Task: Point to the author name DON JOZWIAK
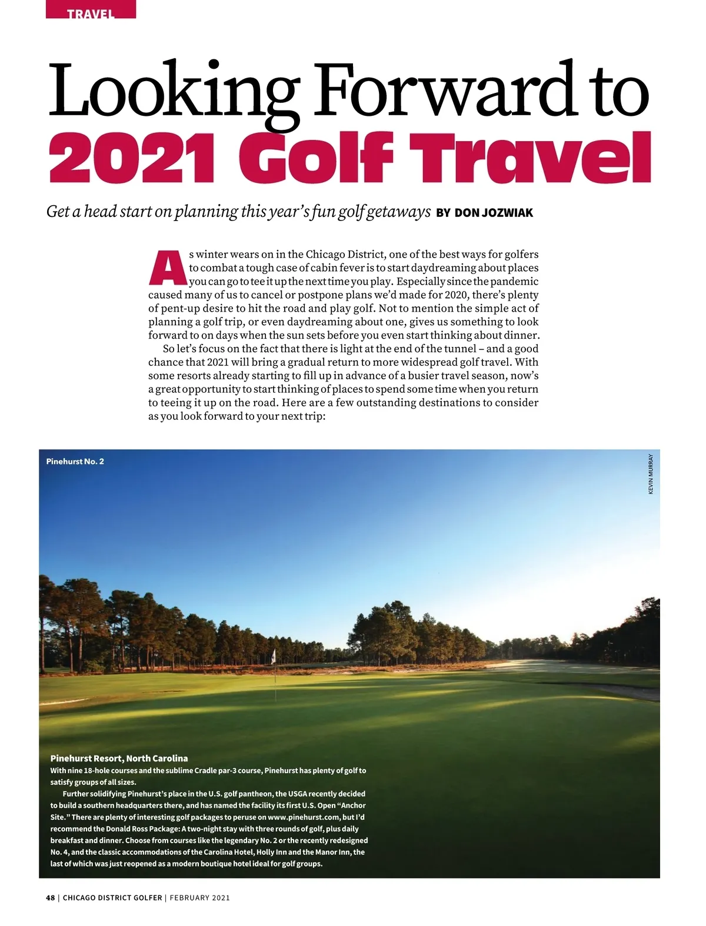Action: point(494,213)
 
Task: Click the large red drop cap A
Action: point(167,268)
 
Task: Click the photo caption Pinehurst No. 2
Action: point(75,462)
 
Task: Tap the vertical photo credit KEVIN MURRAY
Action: point(651,473)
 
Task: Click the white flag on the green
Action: point(273,656)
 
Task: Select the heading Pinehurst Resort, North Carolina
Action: point(119,758)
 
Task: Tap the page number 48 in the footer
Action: point(50,898)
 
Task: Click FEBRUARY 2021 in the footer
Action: point(199,898)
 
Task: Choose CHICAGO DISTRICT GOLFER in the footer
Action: point(112,898)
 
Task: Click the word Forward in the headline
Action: point(438,91)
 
